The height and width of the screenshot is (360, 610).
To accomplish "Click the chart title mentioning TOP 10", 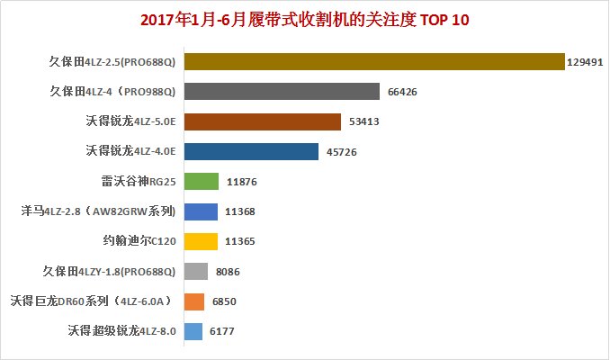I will [305, 19].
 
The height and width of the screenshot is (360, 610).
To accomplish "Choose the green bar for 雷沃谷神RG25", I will [201, 181].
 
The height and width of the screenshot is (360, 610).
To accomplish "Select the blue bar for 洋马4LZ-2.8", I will [200, 211].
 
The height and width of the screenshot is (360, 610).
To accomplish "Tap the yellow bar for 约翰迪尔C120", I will [200, 241].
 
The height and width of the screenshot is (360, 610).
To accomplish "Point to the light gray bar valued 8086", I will [195, 271].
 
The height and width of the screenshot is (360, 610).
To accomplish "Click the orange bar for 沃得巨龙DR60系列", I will [193, 301].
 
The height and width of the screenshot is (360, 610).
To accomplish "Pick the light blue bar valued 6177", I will [193, 330].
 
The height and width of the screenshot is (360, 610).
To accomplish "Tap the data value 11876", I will [243, 182].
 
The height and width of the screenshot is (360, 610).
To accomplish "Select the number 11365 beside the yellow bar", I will [242, 241].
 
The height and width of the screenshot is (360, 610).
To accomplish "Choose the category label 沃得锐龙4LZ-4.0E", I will [130, 151].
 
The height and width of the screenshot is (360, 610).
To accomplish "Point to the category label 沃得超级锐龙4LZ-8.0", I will [121, 330].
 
